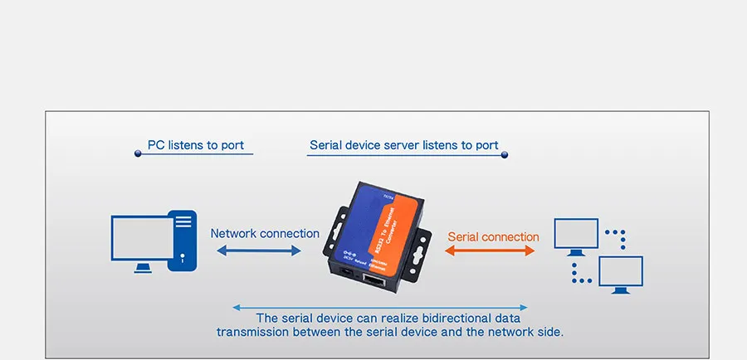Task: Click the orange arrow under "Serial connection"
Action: click(x=491, y=251)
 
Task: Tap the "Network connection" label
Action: click(x=265, y=234)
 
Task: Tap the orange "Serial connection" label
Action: click(x=493, y=236)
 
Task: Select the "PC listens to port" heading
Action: click(x=196, y=145)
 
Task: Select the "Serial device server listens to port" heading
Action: click(x=403, y=145)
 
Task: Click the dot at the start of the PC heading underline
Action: click(x=138, y=154)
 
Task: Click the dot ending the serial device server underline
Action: click(x=504, y=154)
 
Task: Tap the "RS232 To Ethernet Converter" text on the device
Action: click(x=396, y=234)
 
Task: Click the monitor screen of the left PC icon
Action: click(x=141, y=239)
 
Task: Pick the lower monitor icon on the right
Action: click(x=620, y=273)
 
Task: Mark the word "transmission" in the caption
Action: click(x=253, y=332)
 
